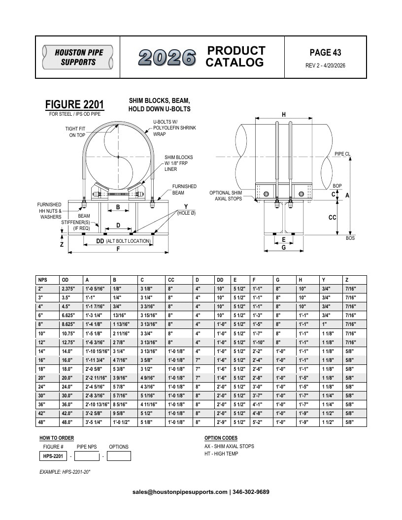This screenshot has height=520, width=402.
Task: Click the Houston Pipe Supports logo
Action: [x=78, y=57]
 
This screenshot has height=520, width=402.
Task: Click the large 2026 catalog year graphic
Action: [x=167, y=57]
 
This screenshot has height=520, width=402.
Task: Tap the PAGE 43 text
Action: [x=325, y=52]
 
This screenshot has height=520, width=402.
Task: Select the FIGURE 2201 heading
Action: [x=74, y=104]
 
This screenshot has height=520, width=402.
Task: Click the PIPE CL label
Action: [x=342, y=154]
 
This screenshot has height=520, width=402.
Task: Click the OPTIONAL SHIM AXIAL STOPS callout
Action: [x=226, y=195]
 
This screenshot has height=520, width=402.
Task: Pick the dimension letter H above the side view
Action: [x=284, y=114]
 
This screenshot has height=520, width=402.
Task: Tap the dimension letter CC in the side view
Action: [x=333, y=217]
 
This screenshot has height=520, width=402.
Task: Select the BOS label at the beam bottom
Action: [x=350, y=238]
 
